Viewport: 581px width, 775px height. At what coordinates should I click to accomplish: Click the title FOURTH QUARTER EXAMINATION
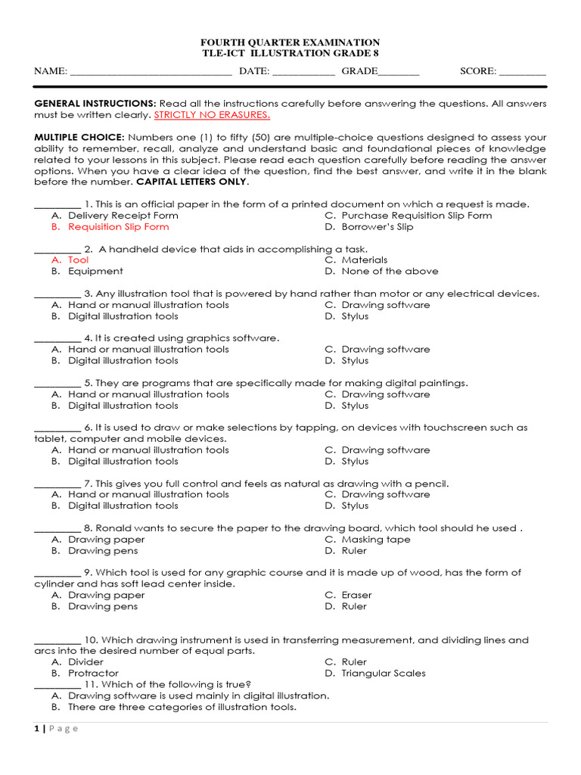tap(290, 42)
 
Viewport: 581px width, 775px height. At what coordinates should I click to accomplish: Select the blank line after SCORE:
tap(522, 73)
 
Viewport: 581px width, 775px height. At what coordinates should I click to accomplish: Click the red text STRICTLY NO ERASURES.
tap(212, 115)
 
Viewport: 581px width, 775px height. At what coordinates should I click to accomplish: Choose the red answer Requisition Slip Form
tap(119, 226)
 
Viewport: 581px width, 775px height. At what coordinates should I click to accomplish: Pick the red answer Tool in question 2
tap(79, 260)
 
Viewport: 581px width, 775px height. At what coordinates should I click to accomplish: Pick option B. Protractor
tap(93, 673)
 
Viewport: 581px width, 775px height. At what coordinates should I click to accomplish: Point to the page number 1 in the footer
tap(36, 729)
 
